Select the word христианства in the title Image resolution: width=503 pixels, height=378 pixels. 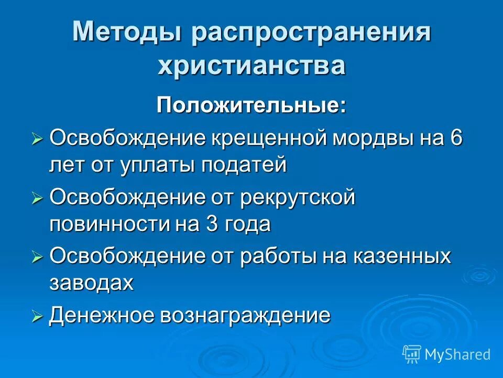[x=251, y=66]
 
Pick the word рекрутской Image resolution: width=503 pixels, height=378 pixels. [x=298, y=198]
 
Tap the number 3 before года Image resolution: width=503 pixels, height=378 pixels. [x=207, y=224]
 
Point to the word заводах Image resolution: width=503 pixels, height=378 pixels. [x=92, y=283]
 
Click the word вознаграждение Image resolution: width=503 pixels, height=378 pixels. [x=246, y=316]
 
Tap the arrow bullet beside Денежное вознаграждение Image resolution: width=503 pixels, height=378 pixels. [x=37, y=317]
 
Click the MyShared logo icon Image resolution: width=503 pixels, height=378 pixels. [x=412, y=354]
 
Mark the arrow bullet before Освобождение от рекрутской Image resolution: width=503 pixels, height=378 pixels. [x=37, y=199]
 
